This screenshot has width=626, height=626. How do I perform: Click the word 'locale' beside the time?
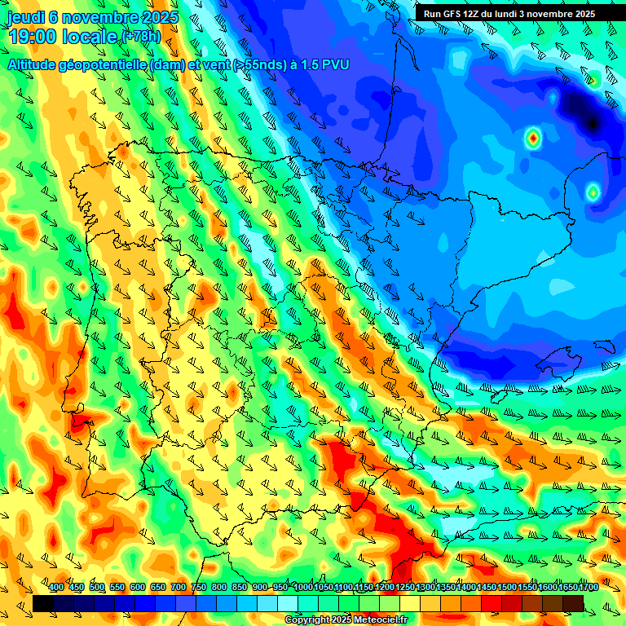(x=93, y=37)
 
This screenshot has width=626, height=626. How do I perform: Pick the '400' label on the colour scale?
(x=56, y=587)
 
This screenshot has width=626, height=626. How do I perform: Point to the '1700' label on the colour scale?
(x=566, y=587)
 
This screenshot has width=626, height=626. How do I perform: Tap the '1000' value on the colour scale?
(x=303, y=587)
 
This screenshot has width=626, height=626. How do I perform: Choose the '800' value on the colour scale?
(x=218, y=587)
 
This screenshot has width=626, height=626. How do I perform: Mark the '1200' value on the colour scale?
(x=385, y=587)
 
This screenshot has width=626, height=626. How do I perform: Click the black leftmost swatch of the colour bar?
(x=43, y=603)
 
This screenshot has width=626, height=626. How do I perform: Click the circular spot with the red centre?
(x=532, y=138)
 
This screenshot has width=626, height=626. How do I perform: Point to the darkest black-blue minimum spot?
(x=593, y=123)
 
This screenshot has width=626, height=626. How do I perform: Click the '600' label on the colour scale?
(x=137, y=587)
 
